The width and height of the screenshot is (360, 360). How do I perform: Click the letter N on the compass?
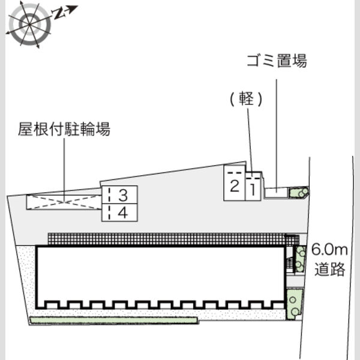click(x=59, y=14)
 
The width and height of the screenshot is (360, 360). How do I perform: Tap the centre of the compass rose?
click(x=29, y=24)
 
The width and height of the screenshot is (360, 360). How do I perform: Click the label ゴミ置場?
click(x=277, y=61)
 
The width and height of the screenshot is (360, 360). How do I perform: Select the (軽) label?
click(x=246, y=99)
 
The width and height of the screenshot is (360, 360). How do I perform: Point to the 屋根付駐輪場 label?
click(x=64, y=129)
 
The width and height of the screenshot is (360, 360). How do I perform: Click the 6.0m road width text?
click(x=329, y=250)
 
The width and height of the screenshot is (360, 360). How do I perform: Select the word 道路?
click(x=329, y=269)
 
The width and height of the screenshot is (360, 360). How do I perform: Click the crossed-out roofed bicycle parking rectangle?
click(x=64, y=202)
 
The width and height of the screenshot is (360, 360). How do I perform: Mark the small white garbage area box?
click(x=276, y=193)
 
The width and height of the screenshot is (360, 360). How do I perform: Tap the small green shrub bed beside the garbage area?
click(x=298, y=193)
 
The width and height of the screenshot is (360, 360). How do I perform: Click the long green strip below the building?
click(x=114, y=320)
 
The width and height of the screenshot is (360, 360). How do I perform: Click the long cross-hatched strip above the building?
click(x=166, y=239)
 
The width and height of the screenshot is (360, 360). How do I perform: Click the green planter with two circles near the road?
click(x=295, y=304)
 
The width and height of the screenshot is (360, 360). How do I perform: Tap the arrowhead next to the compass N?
click(x=73, y=9)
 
